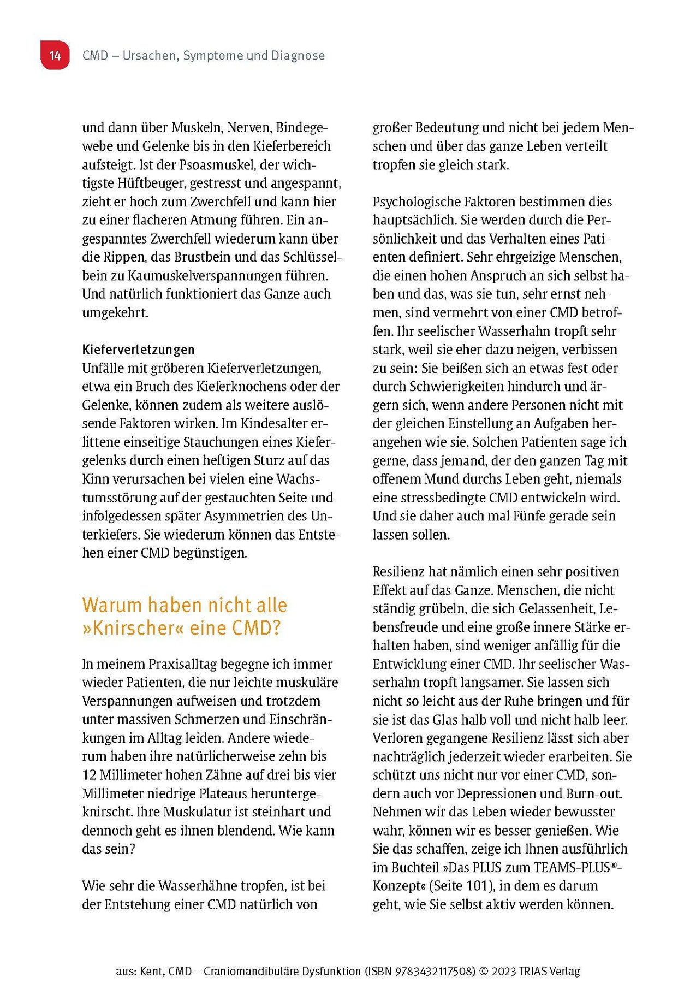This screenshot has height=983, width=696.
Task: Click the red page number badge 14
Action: click(x=55, y=55)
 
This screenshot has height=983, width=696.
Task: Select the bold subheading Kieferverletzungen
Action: click(x=138, y=350)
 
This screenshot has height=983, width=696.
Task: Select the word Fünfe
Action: click(x=527, y=516)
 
